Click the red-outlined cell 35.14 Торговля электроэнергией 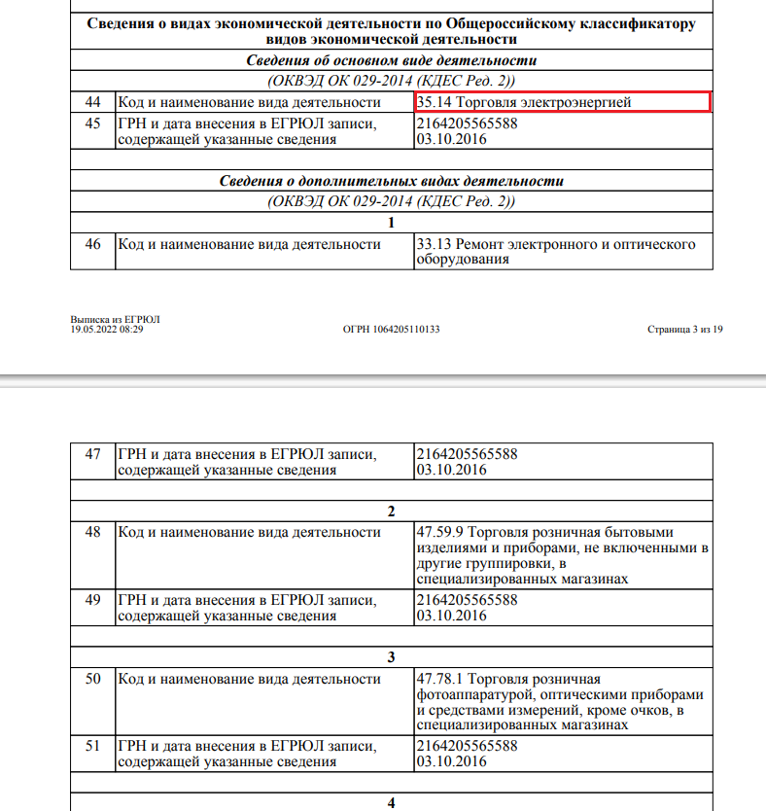tap(563, 102)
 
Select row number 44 tap(93, 102)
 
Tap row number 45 tap(93, 123)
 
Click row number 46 tap(93, 244)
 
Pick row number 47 tap(93, 454)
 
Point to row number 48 tap(93, 532)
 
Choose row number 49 tap(93, 600)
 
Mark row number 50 tap(93, 678)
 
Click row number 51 tap(93, 746)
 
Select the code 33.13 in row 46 tap(433, 244)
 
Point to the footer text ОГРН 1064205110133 tap(392, 330)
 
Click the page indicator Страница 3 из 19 tap(685, 330)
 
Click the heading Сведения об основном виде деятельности tap(391, 60)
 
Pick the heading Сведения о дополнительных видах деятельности tap(391, 181)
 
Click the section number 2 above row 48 tap(391, 511)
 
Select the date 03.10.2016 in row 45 tap(451, 139)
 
